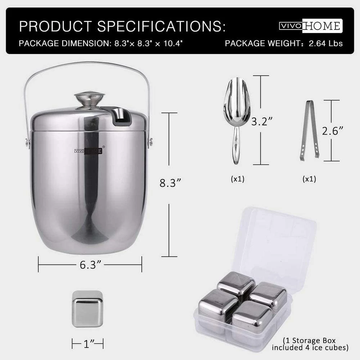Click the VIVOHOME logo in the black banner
coord(311,26)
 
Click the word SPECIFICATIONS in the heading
coord(161,26)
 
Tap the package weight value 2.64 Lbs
coord(325,44)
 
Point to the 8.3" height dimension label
coord(170,183)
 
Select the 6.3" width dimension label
coord(90,265)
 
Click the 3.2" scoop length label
coord(262,121)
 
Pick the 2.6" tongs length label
coord(332,131)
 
